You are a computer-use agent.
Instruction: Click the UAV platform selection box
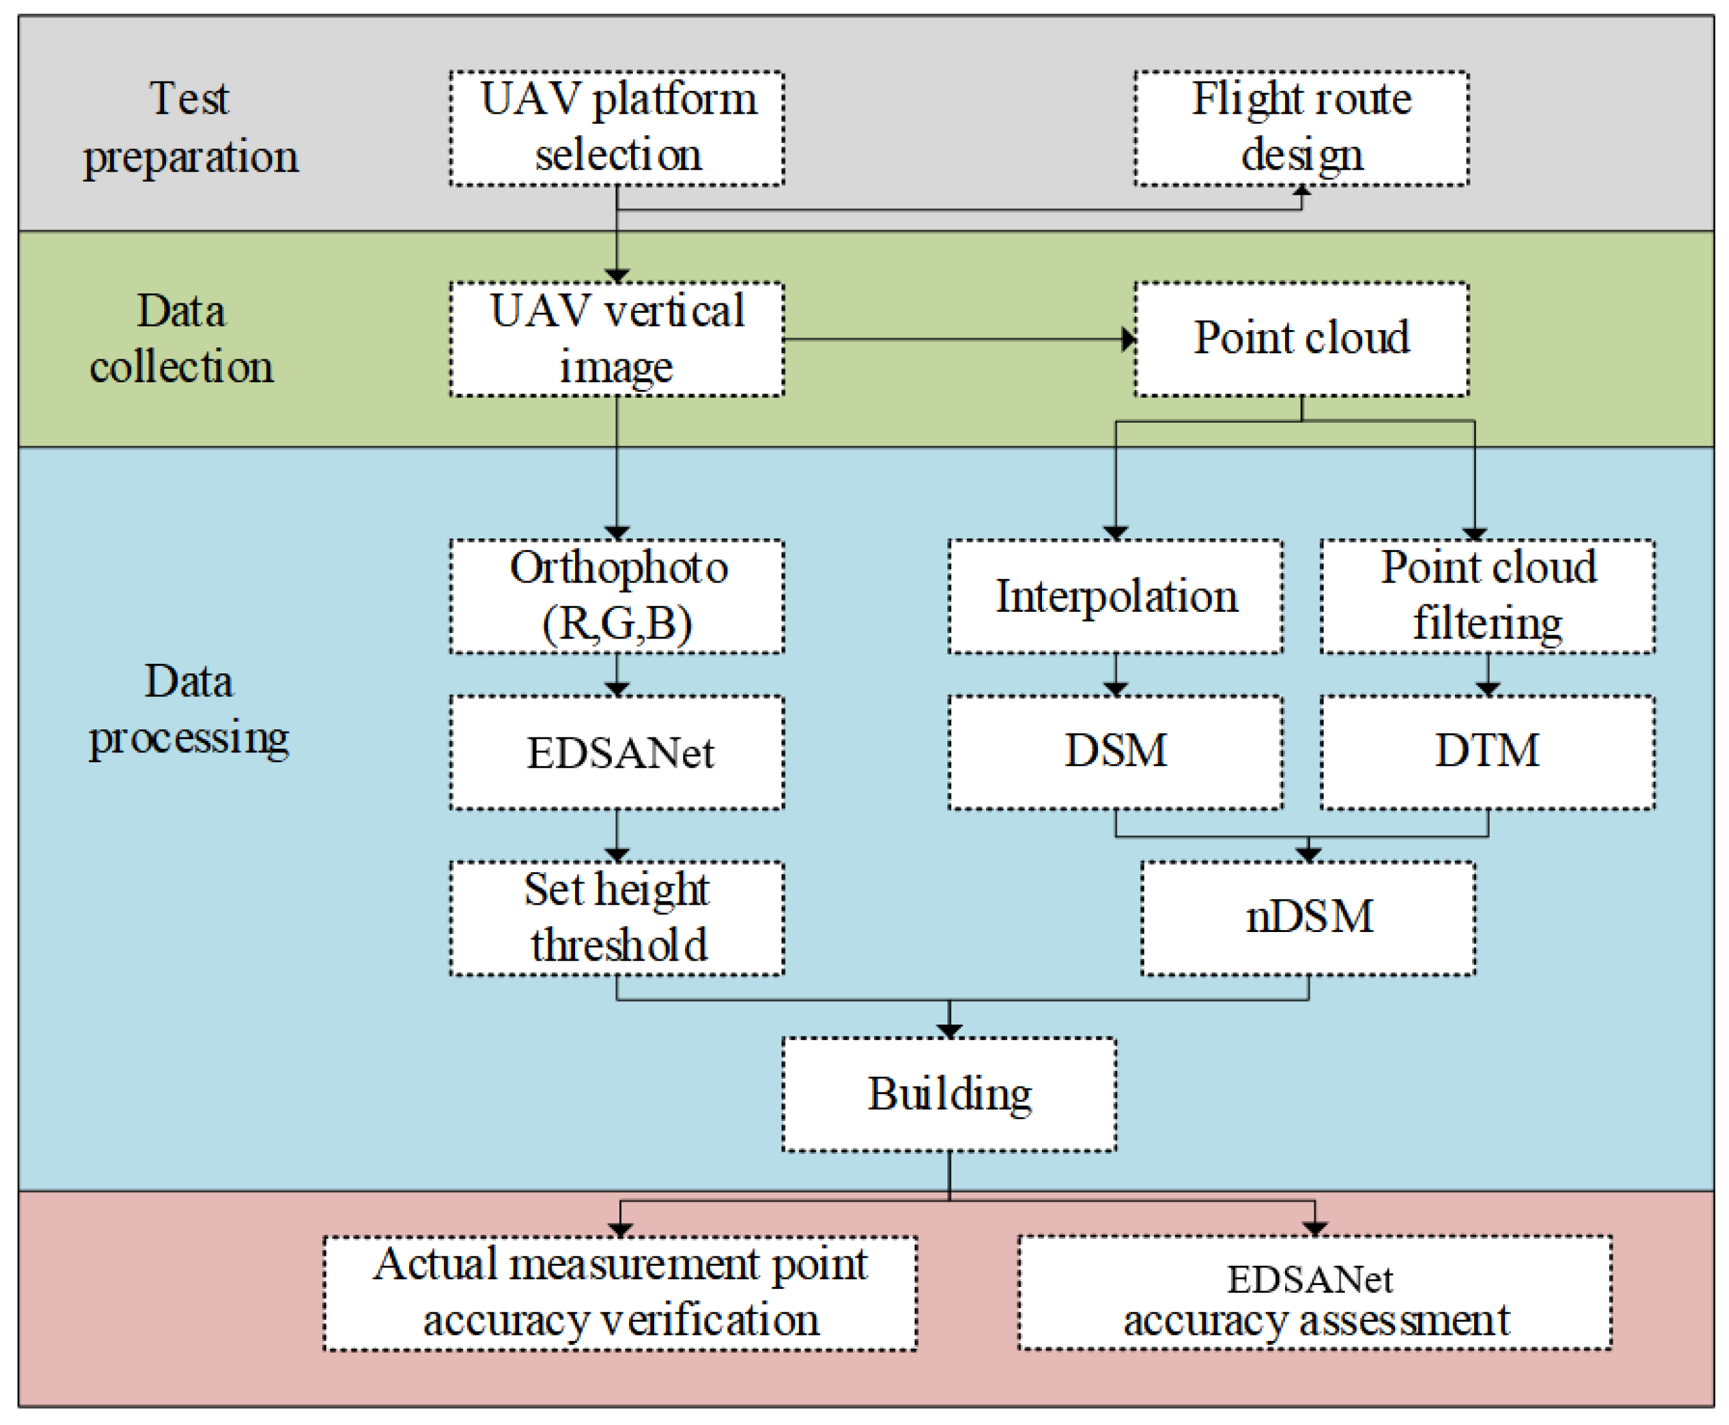(x=617, y=128)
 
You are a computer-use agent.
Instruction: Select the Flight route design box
(x=1301, y=128)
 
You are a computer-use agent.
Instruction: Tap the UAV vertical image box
(x=617, y=339)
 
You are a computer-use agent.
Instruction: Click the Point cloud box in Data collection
(x=1301, y=339)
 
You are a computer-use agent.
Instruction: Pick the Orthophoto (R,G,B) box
(x=617, y=596)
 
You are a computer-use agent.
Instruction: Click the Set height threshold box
(x=617, y=918)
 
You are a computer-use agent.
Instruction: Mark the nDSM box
(x=1308, y=918)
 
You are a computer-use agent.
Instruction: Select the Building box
(x=949, y=1094)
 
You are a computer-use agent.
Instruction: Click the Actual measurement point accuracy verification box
(x=620, y=1293)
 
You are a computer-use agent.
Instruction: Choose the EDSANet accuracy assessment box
(x=1314, y=1293)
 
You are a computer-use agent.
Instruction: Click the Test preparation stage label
(x=190, y=128)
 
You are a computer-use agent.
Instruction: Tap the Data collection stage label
(x=181, y=339)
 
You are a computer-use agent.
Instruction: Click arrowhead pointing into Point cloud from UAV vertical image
(x=1129, y=339)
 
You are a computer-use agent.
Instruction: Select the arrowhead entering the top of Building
(x=949, y=1031)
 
